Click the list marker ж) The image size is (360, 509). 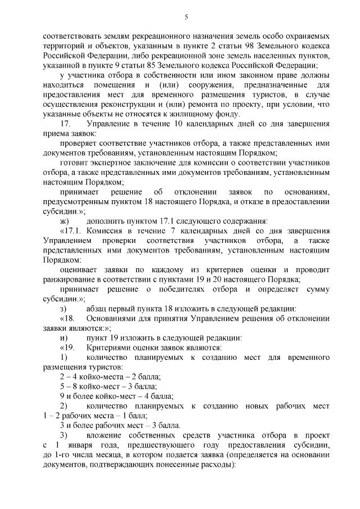tap(64, 222)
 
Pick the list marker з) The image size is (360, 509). tap(63, 310)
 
